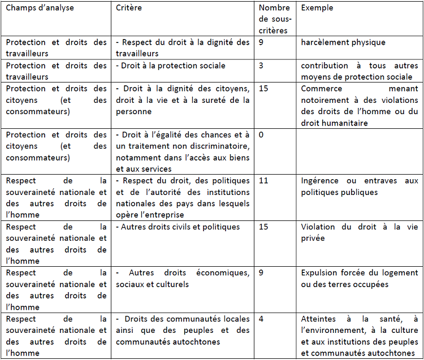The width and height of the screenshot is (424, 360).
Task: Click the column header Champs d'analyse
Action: coord(40,8)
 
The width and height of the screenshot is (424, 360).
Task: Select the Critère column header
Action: coord(129,8)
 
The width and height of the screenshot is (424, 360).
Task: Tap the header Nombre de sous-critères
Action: coord(274,19)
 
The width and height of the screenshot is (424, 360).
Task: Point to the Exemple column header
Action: coord(317,8)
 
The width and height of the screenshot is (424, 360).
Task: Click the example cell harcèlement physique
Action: coord(343,42)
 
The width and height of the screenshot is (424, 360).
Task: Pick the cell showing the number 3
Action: coord(262,66)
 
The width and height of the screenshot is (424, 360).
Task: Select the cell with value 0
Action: coord(262,135)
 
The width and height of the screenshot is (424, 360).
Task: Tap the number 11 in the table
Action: coord(264,181)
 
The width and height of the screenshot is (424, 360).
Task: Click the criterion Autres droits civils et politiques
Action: coord(180,227)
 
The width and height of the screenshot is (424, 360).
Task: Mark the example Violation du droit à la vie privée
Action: coord(359,233)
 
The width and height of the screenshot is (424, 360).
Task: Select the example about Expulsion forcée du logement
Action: coord(359,279)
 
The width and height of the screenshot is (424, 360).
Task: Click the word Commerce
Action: coord(322,89)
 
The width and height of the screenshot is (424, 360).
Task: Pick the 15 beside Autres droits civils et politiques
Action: coord(264,227)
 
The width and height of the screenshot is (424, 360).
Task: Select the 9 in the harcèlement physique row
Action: coord(262,42)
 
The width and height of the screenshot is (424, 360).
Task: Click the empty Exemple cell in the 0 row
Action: coord(359,152)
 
